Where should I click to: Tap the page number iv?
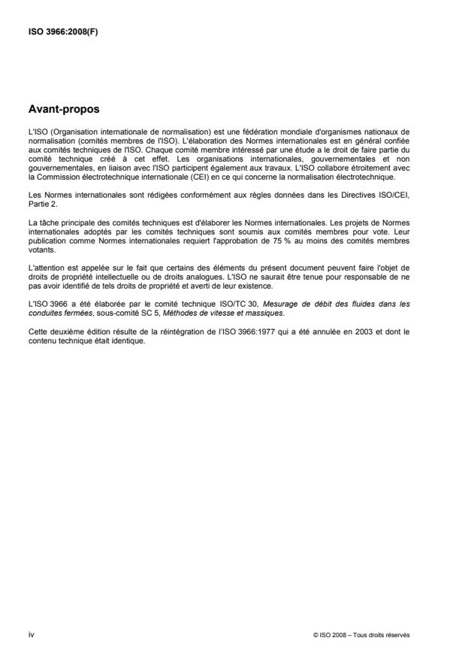31,634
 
